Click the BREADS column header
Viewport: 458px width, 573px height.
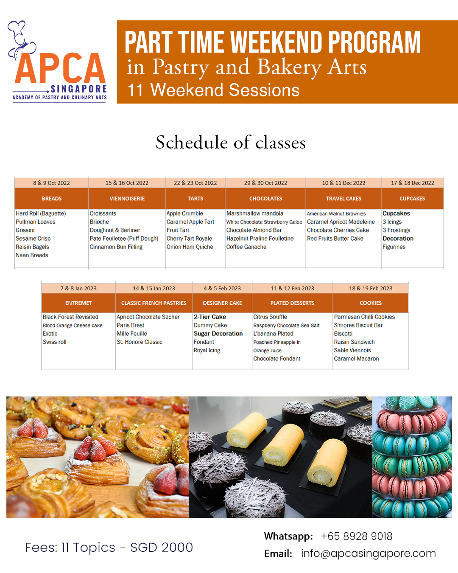pos(52,199)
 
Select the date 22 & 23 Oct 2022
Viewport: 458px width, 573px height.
pos(195,183)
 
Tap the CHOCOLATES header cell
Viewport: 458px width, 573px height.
pos(265,199)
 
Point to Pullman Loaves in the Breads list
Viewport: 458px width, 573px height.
pos(36,222)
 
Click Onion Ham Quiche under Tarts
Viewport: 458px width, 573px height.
pos(190,247)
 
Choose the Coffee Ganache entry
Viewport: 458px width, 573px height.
pos(246,247)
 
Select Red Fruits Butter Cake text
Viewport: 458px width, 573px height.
pos(335,239)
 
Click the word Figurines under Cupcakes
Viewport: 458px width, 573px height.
pos(394,247)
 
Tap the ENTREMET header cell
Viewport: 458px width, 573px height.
pos(78,303)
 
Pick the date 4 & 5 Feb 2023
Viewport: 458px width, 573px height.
pos(222,289)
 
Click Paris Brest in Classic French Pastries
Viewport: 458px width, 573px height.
pos(131,326)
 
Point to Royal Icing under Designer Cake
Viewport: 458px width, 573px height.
pos(207,351)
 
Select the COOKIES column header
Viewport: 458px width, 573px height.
pos(371,303)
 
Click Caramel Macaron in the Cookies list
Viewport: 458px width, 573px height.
pos(356,359)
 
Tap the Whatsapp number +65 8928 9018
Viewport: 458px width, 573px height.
pos(357,536)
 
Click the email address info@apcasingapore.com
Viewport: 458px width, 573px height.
pos(368,553)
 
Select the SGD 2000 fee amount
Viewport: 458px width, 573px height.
pos(162,548)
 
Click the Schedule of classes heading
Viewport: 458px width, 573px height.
pos(231,143)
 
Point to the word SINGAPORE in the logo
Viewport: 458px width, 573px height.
pos(78,89)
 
